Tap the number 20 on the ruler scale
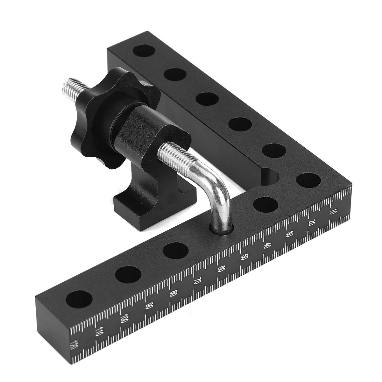coord(311,223)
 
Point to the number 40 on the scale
coord(267,246)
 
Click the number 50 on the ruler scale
coord(244,258)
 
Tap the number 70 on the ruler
coord(197,281)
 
